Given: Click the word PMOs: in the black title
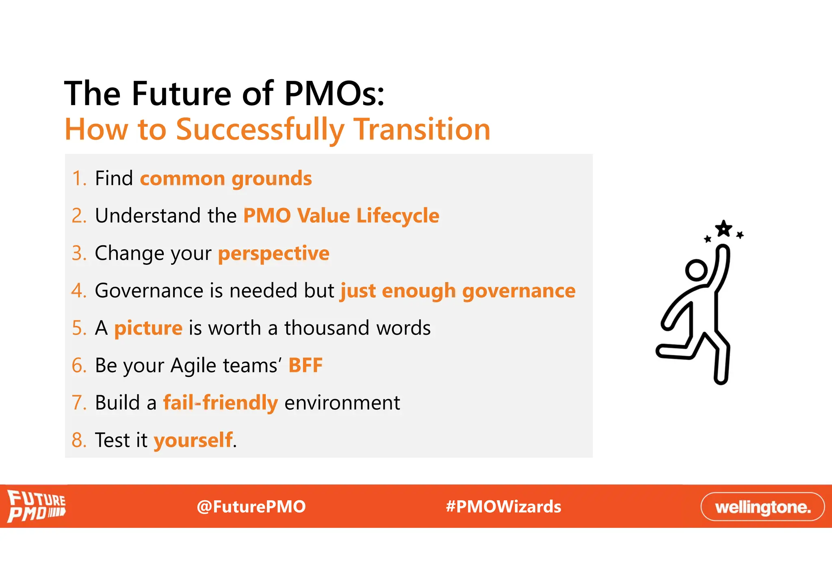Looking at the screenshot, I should pos(334,94).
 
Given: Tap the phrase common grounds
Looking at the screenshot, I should pos(226,179).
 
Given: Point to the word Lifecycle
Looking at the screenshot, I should pos(398,216).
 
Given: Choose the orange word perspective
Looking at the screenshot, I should pos(273,253).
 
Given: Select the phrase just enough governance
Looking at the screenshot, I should pos(458,291).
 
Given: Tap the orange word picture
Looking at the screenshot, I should pos(148,328).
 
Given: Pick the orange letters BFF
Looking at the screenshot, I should pos(305,365).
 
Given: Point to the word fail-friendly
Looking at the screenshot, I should pos(221,403).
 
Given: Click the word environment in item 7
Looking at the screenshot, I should pos(342,403).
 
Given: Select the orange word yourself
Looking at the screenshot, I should pos(193,440).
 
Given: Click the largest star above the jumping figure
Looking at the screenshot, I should pos(724,229).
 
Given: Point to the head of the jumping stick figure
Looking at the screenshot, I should pos(696,270).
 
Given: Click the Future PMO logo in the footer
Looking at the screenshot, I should pos(37,506).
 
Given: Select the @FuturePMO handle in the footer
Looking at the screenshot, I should pos(251,507).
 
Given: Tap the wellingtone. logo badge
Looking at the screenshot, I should pos(763,507).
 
